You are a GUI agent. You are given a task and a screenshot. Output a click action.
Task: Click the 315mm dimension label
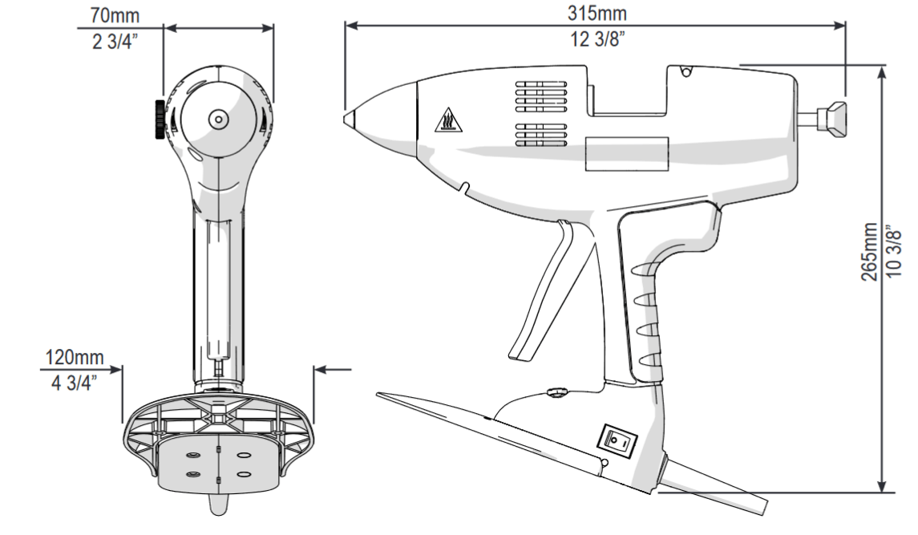click(596, 14)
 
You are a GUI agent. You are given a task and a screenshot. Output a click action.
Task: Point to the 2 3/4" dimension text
click(113, 41)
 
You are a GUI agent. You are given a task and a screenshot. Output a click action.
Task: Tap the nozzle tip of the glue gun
click(349, 118)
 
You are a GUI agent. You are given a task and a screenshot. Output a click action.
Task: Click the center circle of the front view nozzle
click(216, 119)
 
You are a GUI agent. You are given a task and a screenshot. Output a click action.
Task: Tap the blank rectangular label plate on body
click(627, 154)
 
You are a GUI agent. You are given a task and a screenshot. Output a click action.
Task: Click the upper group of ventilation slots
click(541, 94)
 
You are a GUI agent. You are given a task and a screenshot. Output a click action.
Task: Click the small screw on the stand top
click(555, 391)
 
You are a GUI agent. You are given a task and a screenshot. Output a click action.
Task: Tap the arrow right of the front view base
click(334, 369)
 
